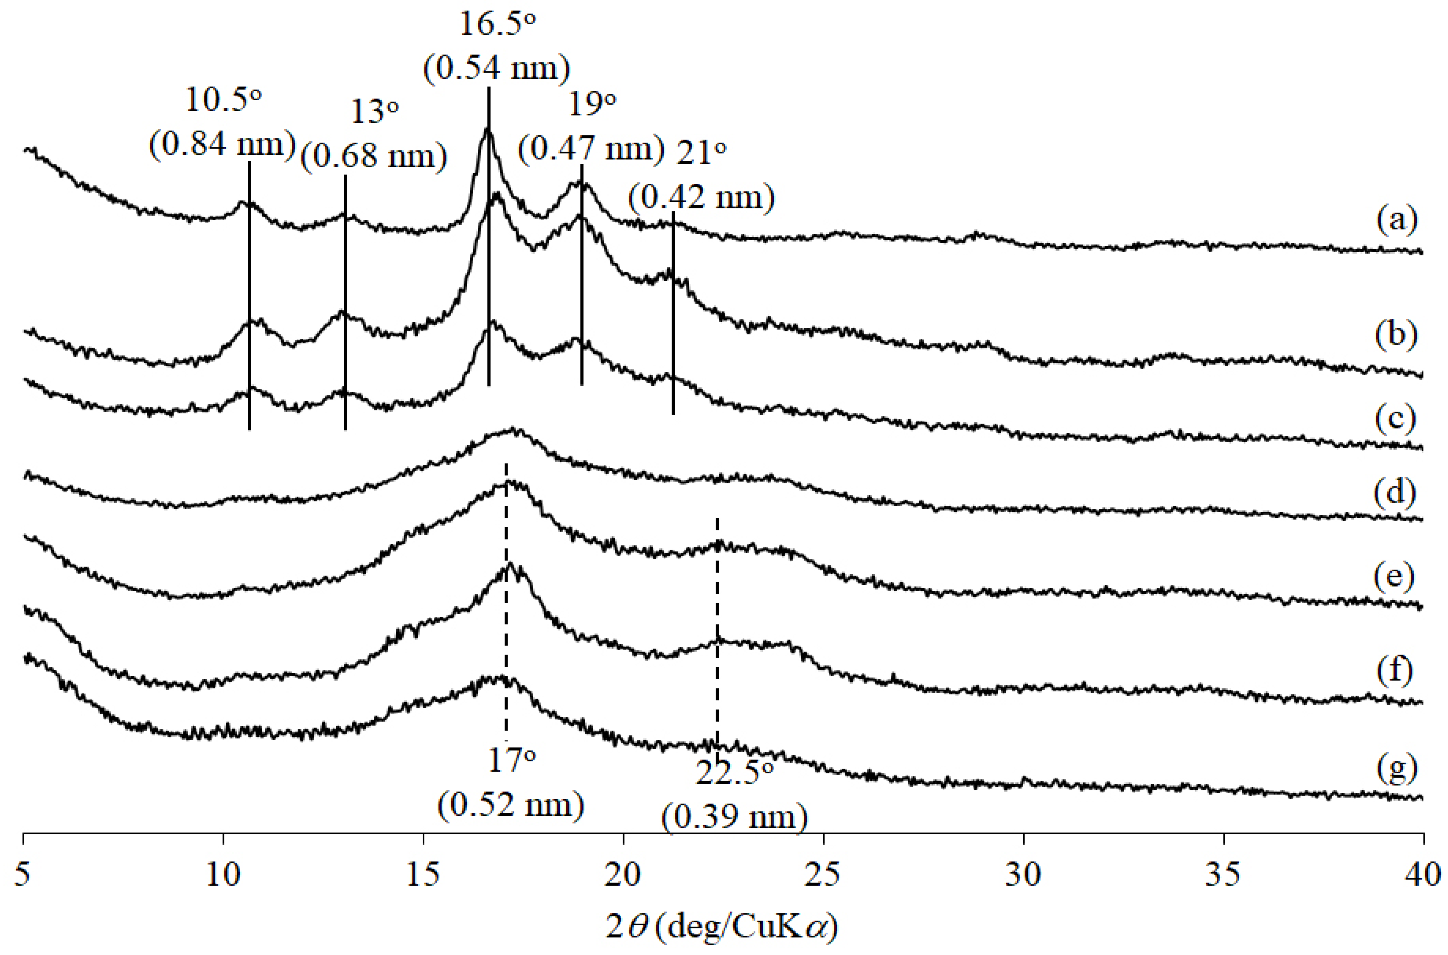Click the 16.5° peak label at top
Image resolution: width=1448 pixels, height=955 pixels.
(497, 25)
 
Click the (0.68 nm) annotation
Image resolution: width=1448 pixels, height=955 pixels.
(373, 156)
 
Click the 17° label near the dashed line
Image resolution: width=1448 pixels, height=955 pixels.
(511, 761)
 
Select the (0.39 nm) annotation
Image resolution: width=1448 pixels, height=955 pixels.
(734, 817)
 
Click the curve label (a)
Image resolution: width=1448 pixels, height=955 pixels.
(1397, 220)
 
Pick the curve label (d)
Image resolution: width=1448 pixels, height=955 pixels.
(1395, 492)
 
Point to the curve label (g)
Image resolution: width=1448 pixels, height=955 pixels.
(1397, 769)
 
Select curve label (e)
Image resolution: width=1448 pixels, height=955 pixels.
(1395, 576)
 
